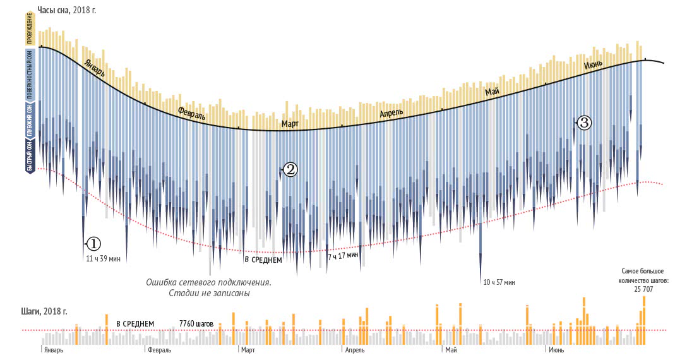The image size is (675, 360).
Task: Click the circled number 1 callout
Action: click(92, 243)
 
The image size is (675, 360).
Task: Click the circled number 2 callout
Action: click(289, 169)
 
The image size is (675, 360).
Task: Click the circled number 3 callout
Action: click(584, 123)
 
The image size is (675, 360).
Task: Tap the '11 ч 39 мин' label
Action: click(103, 258)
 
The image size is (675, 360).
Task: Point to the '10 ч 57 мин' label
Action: click(499, 282)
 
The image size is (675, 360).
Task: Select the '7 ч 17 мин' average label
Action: click(343, 255)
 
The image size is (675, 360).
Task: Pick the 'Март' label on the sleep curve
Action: click(290, 124)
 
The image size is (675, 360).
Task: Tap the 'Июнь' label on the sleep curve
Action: click(593, 64)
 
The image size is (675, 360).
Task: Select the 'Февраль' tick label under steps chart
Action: click(159, 350)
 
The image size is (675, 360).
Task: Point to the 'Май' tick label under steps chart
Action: click(451, 350)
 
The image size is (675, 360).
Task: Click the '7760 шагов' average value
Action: click(196, 323)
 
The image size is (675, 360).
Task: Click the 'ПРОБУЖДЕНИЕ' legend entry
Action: click(30, 29)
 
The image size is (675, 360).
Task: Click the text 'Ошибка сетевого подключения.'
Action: click(208, 282)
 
